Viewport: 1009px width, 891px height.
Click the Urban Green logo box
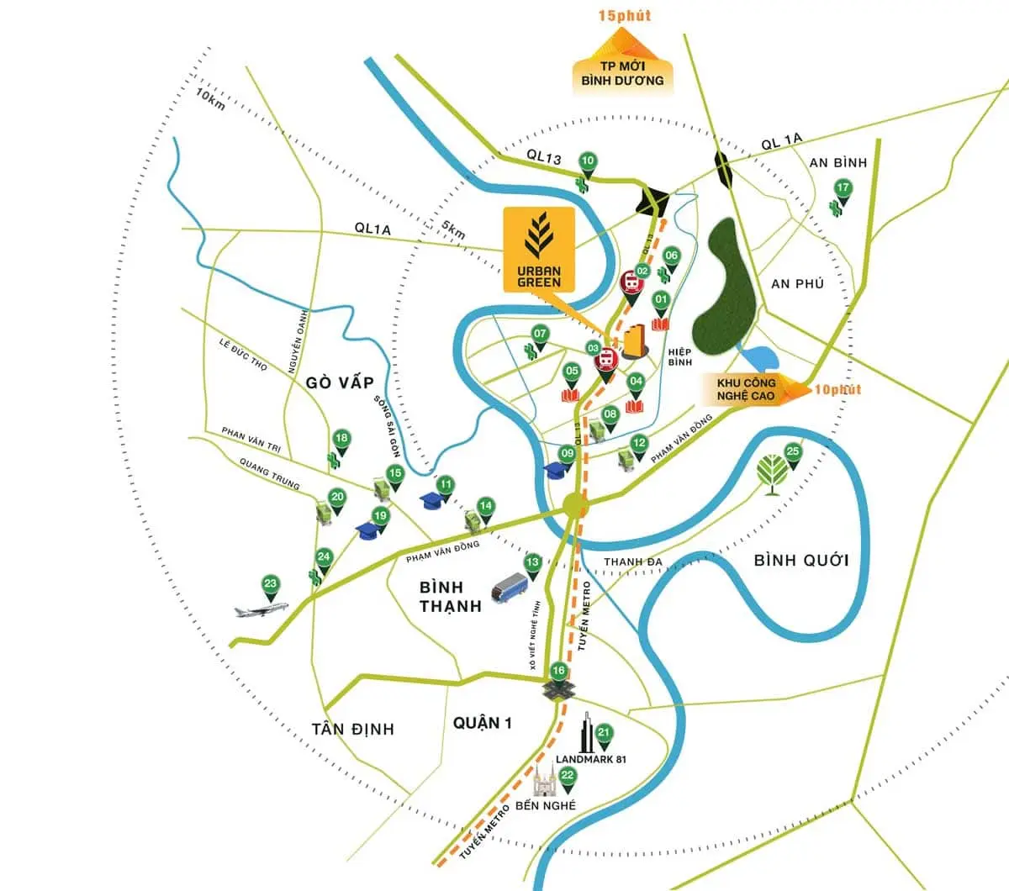pyautogui.click(x=539, y=250)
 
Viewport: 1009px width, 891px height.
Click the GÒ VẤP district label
pyautogui.click(x=340, y=382)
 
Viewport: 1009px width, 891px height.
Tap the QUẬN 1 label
pyautogui.click(x=482, y=722)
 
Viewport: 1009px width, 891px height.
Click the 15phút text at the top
pyautogui.click(x=624, y=15)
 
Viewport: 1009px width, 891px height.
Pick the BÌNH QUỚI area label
pyautogui.click(x=801, y=561)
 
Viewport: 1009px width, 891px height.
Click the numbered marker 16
pyautogui.click(x=558, y=672)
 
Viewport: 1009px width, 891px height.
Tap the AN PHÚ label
pyautogui.click(x=797, y=284)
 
